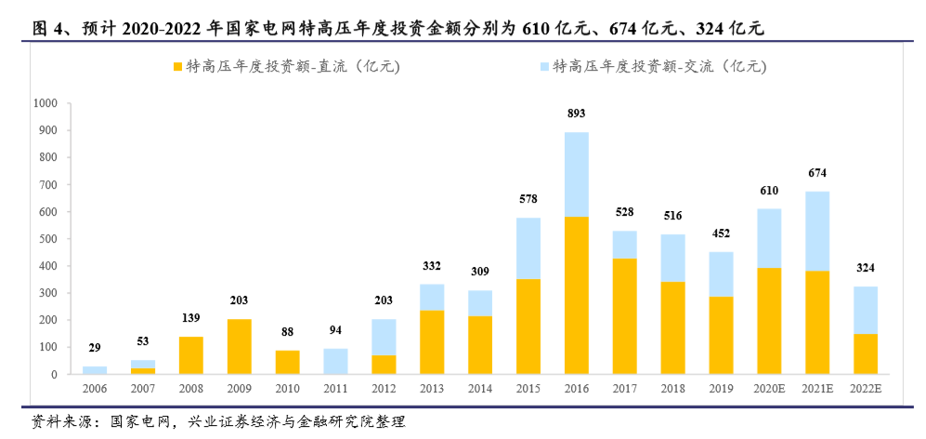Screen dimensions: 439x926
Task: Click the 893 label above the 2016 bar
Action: [x=577, y=114]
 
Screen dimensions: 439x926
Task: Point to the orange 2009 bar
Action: [x=239, y=347]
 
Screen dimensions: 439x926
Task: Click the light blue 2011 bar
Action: [x=335, y=361]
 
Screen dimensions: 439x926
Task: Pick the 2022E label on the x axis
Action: [x=867, y=389]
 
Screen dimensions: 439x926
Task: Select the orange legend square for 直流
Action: [x=177, y=67]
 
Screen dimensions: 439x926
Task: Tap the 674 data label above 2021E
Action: [x=818, y=173]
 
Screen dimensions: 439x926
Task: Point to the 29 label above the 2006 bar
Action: [x=95, y=347]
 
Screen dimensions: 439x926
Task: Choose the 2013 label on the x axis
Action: [x=432, y=389]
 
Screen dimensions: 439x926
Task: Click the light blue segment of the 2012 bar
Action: [x=384, y=337]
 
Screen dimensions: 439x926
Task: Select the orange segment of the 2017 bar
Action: [x=625, y=316]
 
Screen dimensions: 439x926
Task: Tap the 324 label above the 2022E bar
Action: [x=867, y=268]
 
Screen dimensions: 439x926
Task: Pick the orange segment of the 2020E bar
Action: [x=770, y=321]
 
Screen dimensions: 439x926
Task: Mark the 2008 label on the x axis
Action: [x=190, y=389]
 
